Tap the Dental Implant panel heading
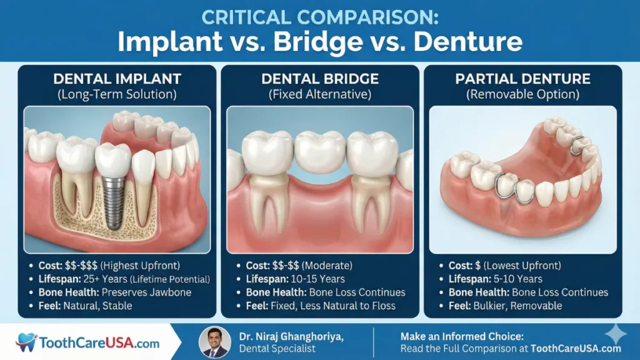pyautogui.click(x=117, y=79)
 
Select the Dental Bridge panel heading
pyautogui.click(x=320, y=79)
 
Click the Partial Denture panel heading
pyautogui.click(x=522, y=79)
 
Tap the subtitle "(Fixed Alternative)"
pyautogui.click(x=320, y=95)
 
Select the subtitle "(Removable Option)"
pyautogui.click(x=522, y=95)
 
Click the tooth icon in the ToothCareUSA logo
pyautogui.click(x=27, y=342)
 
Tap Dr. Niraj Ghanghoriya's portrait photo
pyautogui.click(x=214, y=342)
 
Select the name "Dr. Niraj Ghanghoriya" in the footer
pyautogui.click(x=291, y=336)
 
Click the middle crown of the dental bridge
pyautogui.click(x=319, y=150)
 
